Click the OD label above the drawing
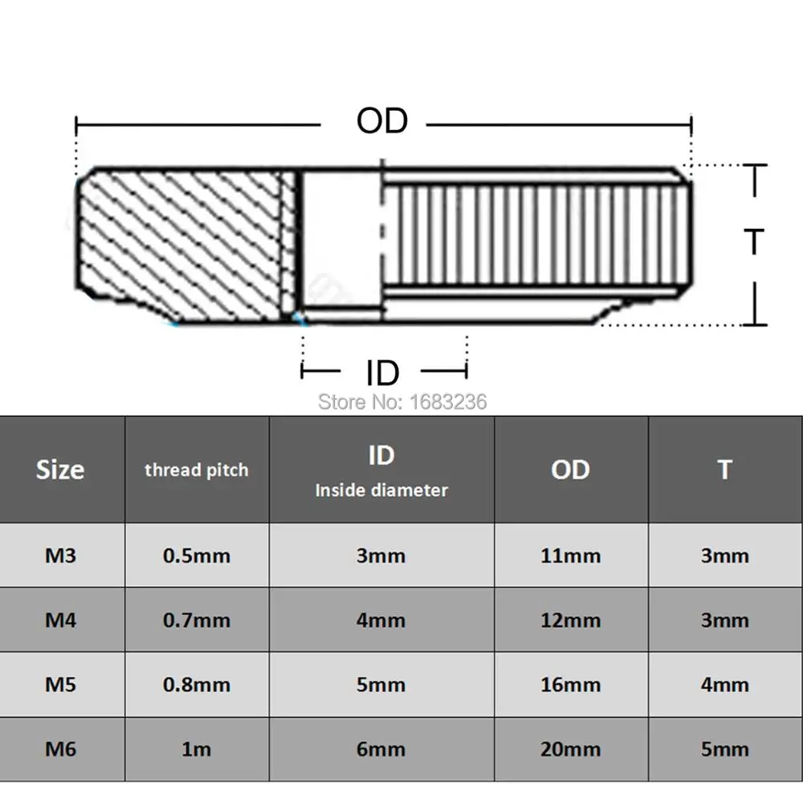click(382, 121)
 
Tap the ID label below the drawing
click(382, 373)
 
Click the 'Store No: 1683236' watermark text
click(402, 402)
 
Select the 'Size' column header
click(60, 470)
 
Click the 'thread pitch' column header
click(197, 470)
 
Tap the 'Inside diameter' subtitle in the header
click(381, 490)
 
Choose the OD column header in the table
click(570, 470)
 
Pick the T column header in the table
click(724, 470)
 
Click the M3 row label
click(60, 556)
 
